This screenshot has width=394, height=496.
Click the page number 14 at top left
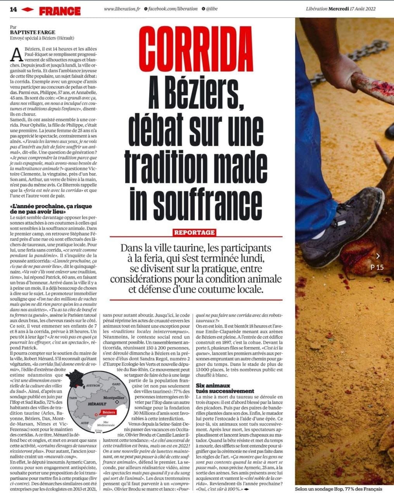[15, 10]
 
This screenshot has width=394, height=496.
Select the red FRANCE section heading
[60, 11]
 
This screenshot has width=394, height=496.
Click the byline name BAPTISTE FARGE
[33, 33]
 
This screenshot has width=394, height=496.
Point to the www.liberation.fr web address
[122, 9]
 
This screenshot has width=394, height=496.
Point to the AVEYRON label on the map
[93, 386]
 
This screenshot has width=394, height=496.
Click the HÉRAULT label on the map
[97, 404]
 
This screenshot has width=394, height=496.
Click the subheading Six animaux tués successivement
[225, 389]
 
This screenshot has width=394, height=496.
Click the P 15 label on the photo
[377, 267]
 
